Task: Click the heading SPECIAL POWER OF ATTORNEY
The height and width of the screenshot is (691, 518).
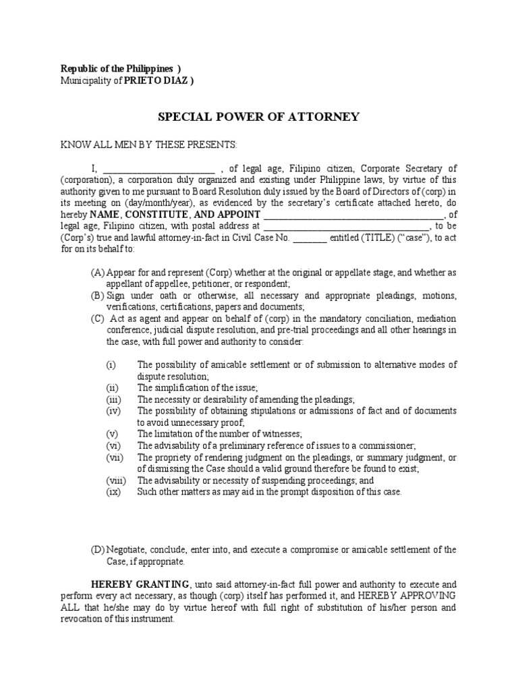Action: pos(258,117)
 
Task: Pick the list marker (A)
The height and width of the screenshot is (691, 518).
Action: pos(98,273)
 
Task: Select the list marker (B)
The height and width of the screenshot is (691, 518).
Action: pos(98,296)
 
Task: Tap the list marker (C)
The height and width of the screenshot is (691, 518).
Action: pos(98,319)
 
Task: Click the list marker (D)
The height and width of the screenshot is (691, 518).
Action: pos(98,550)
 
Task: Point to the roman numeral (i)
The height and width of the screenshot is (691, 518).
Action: pos(111,364)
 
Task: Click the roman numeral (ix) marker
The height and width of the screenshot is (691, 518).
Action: pos(113,492)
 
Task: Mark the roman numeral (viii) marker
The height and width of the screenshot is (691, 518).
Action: pos(115,480)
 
